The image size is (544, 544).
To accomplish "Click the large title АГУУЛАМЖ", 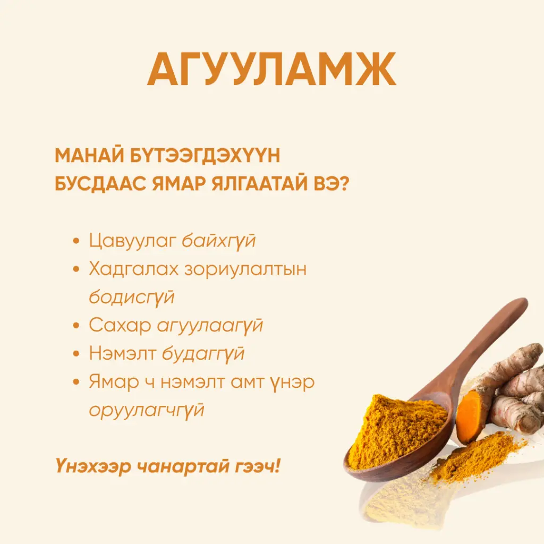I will coord(271,70).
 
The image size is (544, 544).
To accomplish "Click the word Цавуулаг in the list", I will coord(132,241).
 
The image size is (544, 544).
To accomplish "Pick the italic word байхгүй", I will coord(218,241).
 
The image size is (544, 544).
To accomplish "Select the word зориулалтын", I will coord(245,269).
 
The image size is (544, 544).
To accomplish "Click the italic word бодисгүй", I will coord(131,296).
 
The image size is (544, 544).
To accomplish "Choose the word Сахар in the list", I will coord(120,325).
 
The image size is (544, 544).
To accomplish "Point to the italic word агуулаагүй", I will coord(210,325).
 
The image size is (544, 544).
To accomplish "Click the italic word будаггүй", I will coord(203,353).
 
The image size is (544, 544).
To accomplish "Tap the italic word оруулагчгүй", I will coord(146,410).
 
